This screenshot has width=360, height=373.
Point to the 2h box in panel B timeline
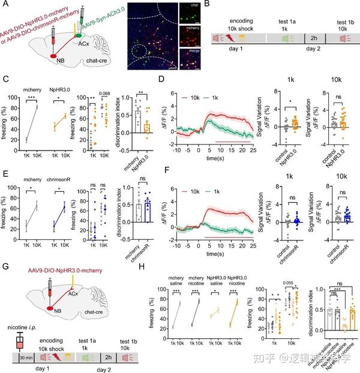(x=311, y=38)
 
